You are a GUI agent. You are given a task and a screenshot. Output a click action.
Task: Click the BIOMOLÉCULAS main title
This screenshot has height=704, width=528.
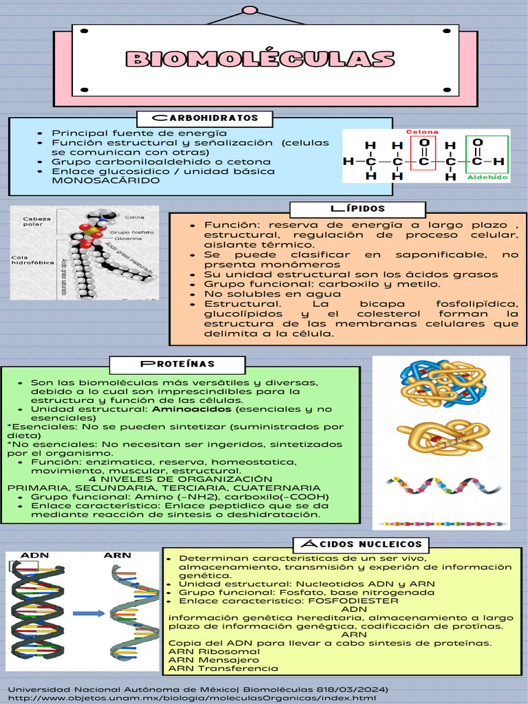pos(260,59)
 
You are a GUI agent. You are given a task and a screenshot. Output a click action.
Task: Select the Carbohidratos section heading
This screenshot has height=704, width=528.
pos(205,118)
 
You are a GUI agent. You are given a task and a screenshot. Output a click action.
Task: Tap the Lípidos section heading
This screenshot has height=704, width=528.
pos(357,208)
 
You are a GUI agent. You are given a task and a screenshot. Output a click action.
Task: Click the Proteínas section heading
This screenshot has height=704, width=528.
pos(178,363)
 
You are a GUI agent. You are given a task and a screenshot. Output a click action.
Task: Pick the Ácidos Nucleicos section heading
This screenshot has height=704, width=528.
pos(362,545)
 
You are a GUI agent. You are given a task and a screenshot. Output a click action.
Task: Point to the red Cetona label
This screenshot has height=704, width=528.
pos(422,132)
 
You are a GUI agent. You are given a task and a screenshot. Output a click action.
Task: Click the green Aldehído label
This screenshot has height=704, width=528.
pos(487,177)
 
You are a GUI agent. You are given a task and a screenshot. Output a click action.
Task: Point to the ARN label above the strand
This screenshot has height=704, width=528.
pos(117,555)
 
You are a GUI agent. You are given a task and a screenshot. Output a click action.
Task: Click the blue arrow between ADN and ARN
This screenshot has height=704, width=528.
pos(88,613)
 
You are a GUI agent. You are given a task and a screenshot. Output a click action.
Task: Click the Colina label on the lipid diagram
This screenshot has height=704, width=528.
pos(133,218)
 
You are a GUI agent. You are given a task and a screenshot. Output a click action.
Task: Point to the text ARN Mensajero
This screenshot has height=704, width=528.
pos(203,659)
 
